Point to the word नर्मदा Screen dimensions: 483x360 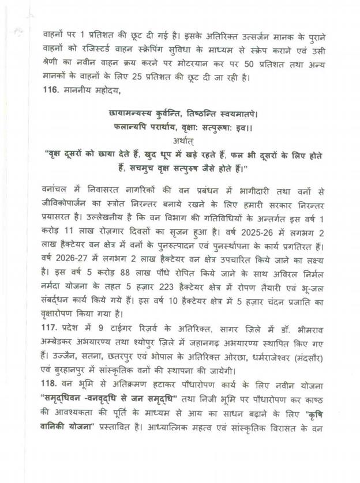click(57, 287)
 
